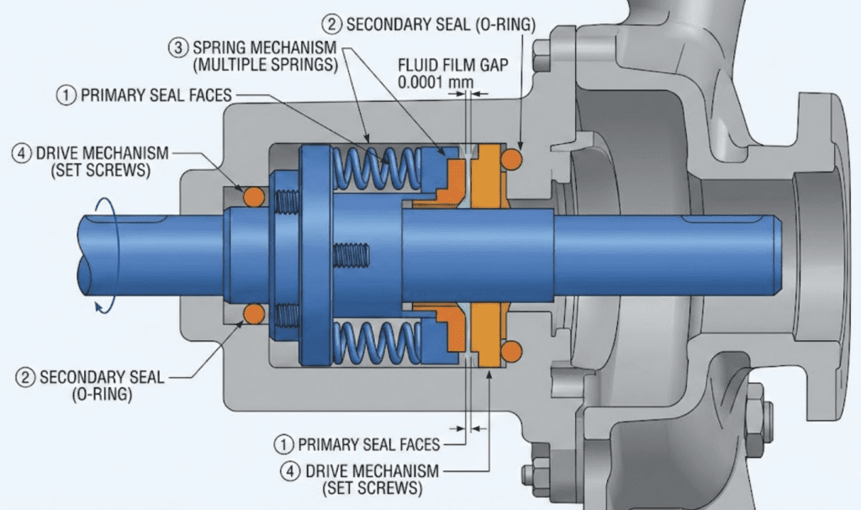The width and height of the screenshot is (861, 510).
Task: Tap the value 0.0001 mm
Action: [434, 83]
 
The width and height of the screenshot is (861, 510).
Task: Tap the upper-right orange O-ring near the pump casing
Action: [511, 159]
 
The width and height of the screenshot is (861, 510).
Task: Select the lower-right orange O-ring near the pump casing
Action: [511, 348]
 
